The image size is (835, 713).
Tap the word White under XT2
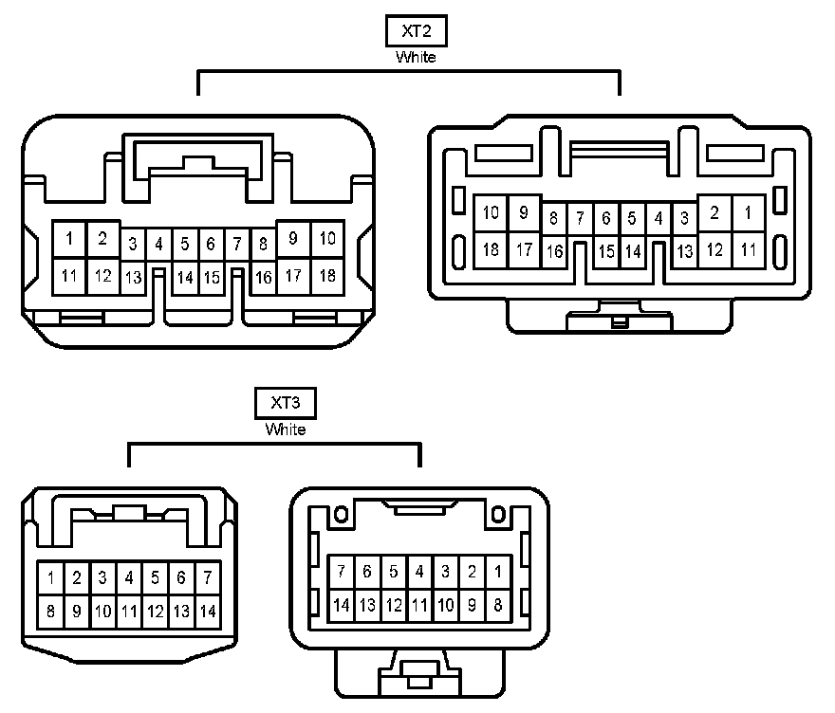click(417, 57)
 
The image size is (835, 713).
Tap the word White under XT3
click(286, 430)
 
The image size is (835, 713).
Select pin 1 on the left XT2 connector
click(69, 239)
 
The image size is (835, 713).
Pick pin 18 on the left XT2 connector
click(327, 276)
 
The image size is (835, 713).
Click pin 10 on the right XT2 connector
click(491, 213)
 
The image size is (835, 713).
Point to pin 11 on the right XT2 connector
click(749, 250)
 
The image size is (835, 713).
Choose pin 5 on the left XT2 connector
click(185, 244)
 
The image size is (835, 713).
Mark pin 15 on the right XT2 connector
click(606, 251)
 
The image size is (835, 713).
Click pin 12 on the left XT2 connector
click(102, 276)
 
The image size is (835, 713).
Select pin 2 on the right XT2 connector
click(714, 213)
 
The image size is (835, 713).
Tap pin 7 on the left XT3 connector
click(207, 577)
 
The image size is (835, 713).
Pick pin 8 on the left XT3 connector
click(50, 612)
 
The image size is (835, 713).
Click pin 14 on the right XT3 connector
click(342, 604)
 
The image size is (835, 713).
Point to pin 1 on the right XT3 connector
click(497, 572)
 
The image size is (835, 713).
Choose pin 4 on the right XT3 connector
click(418, 572)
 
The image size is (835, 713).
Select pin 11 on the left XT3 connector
click(129, 612)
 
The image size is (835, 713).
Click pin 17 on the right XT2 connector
click(524, 250)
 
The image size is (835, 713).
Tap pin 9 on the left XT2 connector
click(293, 239)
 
